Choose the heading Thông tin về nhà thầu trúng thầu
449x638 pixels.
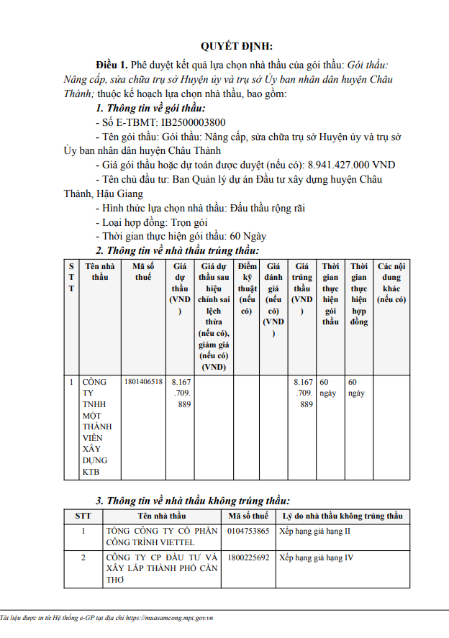click(182, 250)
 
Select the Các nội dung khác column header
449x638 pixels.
click(391, 282)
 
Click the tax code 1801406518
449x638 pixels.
click(143, 382)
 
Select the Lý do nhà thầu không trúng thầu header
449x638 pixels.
click(343, 516)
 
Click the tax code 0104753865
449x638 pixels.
click(248, 532)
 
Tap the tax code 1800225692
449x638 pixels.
click(248, 557)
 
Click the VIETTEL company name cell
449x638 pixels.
click(161, 537)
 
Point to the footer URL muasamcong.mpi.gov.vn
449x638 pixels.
click(178, 618)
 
